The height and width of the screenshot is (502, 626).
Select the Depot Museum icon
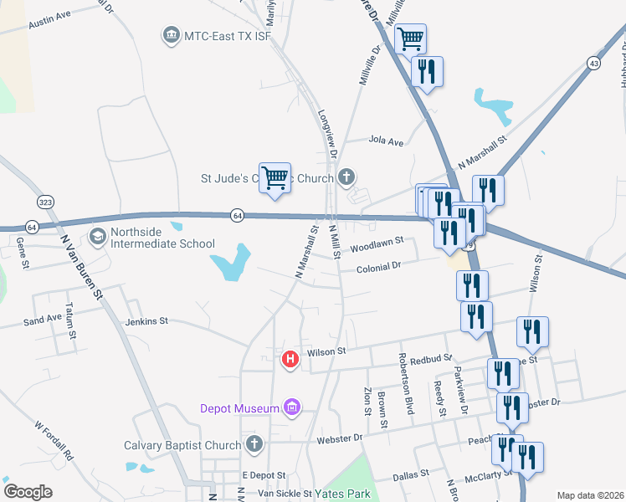tap(292, 407)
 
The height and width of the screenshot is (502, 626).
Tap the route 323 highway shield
tap(45, 202)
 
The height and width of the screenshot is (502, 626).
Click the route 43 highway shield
tap(593, 64)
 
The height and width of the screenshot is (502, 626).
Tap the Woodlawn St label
tap(377, 244)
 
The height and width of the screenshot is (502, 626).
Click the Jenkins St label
tap(146, 320)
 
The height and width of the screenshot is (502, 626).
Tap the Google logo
tap(28, 492)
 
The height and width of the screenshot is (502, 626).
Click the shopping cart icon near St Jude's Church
tap(275, 178)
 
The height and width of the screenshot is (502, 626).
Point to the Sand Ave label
tap(43, 319)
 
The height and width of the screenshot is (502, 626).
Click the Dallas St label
tap(412, 474)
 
